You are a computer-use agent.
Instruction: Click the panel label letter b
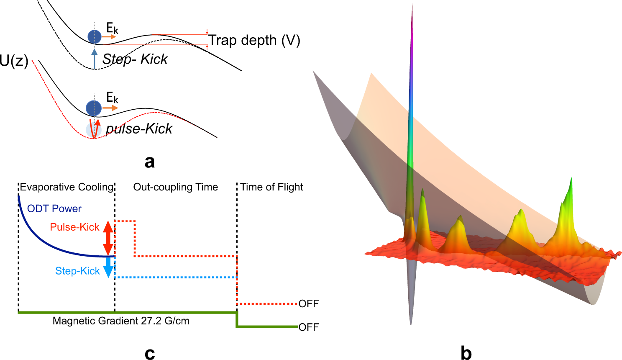coord(466,353)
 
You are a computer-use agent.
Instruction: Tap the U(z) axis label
coord(14,61)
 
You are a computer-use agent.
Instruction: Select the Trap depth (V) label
coord(254,41)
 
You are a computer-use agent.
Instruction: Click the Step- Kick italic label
coord(135,59)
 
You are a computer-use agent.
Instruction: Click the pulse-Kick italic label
coord(139,129)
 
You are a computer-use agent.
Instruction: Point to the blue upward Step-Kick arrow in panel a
coord(95,59)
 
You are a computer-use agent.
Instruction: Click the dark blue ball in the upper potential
coord(95,37)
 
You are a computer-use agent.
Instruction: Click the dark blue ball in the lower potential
coord(94,108)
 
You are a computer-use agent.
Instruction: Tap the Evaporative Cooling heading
coord(67,187)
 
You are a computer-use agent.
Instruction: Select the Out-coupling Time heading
coord(176,187)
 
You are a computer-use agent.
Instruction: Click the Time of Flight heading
coord(272,187)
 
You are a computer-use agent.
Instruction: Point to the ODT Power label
coord(54,208)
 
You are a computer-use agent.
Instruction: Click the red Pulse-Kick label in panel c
coord(74,227)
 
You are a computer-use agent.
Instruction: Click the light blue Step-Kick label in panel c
coord(77,271)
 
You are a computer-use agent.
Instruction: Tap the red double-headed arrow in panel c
coord(108,238)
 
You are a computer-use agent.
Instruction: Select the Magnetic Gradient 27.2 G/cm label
coord(121,321)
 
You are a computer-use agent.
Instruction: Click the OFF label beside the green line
coord(309,327)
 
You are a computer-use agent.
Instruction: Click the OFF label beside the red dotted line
coord(309,304)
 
